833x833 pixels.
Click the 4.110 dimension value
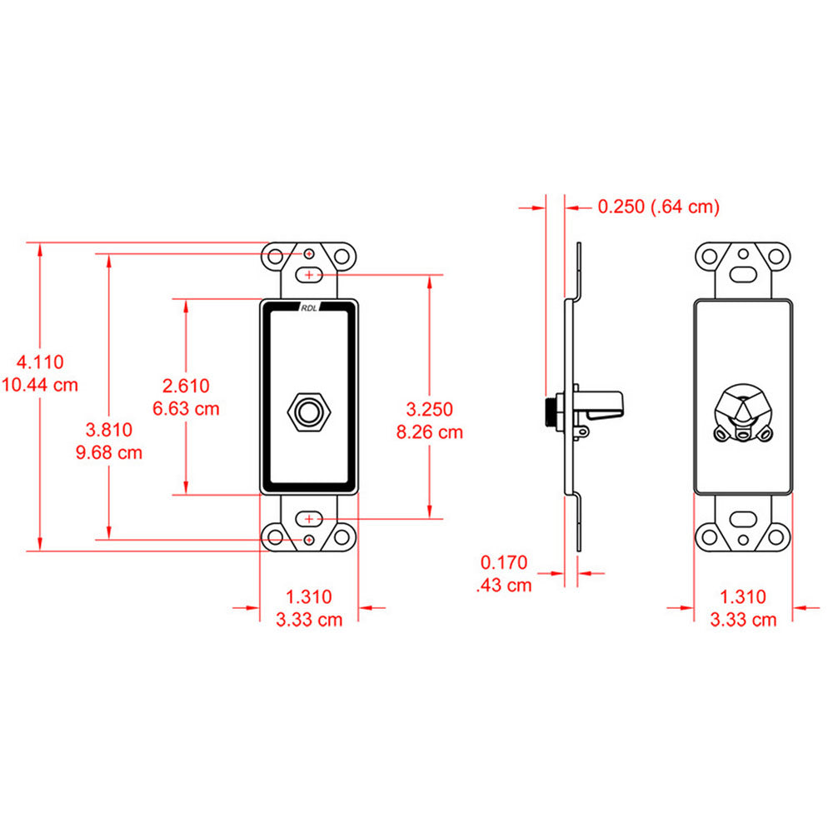click(x=41, y=362)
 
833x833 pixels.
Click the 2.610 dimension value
click(x=186, y=386)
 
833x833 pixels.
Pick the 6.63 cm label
click(x=186, y=408)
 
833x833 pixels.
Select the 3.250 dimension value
click(x=430, y=409)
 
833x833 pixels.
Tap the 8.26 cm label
click(x=430, y=431)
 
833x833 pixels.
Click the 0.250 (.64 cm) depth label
click(x=658, y=207)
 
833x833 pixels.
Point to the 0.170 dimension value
click(x=504, y=562)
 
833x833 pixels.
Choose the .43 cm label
click(x=504, y=585)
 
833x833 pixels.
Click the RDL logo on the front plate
click(x=309, y=307)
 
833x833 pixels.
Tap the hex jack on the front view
click(x=309, y=411)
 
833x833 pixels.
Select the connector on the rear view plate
click(x=743, y=413)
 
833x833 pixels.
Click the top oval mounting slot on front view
click(x=309, y=273)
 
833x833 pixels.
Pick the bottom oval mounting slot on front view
click(x=309, y=519)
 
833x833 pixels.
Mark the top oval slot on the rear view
click(x=743, y=273)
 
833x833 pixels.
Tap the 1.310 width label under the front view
click(x=309, y=596)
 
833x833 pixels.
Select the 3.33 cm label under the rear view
click(x=743, y=619)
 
